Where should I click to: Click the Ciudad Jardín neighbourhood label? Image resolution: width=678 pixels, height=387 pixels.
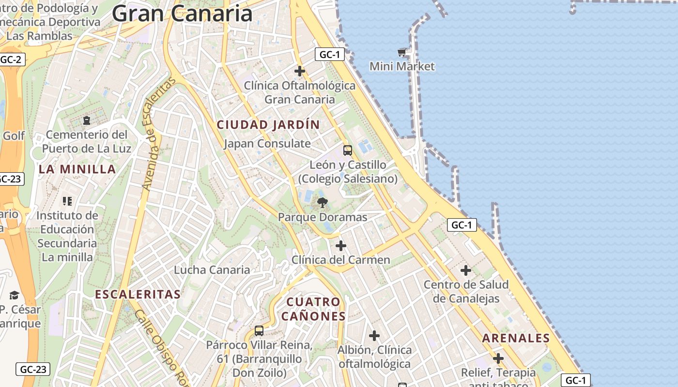point(268,125)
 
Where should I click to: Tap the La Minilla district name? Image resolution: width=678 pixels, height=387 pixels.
point(77,169)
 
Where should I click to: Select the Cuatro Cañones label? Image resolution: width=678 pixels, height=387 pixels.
point(313,309)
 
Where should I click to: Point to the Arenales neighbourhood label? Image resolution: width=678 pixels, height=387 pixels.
point(516,338)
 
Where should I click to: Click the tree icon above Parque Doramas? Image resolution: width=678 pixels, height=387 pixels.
point(322,203)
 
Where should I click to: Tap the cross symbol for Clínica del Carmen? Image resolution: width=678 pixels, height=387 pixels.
point(341,246)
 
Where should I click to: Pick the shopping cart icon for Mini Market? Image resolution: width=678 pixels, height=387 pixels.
point(401,52)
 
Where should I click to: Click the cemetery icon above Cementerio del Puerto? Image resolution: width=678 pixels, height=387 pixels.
point(87,120)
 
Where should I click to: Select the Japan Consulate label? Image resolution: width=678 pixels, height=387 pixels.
point(267,144)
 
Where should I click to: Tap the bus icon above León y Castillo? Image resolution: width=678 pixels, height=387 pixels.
point(348,150)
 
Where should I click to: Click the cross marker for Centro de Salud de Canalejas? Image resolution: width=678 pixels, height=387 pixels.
point(466,270)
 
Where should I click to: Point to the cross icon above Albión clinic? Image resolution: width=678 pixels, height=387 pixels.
point(374,336)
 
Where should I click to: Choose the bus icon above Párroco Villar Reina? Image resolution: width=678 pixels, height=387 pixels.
point(259,331)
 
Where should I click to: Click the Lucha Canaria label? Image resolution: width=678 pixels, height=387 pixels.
point(212,270)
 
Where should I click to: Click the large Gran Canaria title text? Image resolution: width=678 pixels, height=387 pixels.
point(182,14)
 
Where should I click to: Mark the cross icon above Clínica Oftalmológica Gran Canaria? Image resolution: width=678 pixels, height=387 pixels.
point(300,71)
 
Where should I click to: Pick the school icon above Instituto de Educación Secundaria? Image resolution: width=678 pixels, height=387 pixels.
point(67,201)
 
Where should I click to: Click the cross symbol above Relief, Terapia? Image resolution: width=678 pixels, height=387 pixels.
point(498,358)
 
